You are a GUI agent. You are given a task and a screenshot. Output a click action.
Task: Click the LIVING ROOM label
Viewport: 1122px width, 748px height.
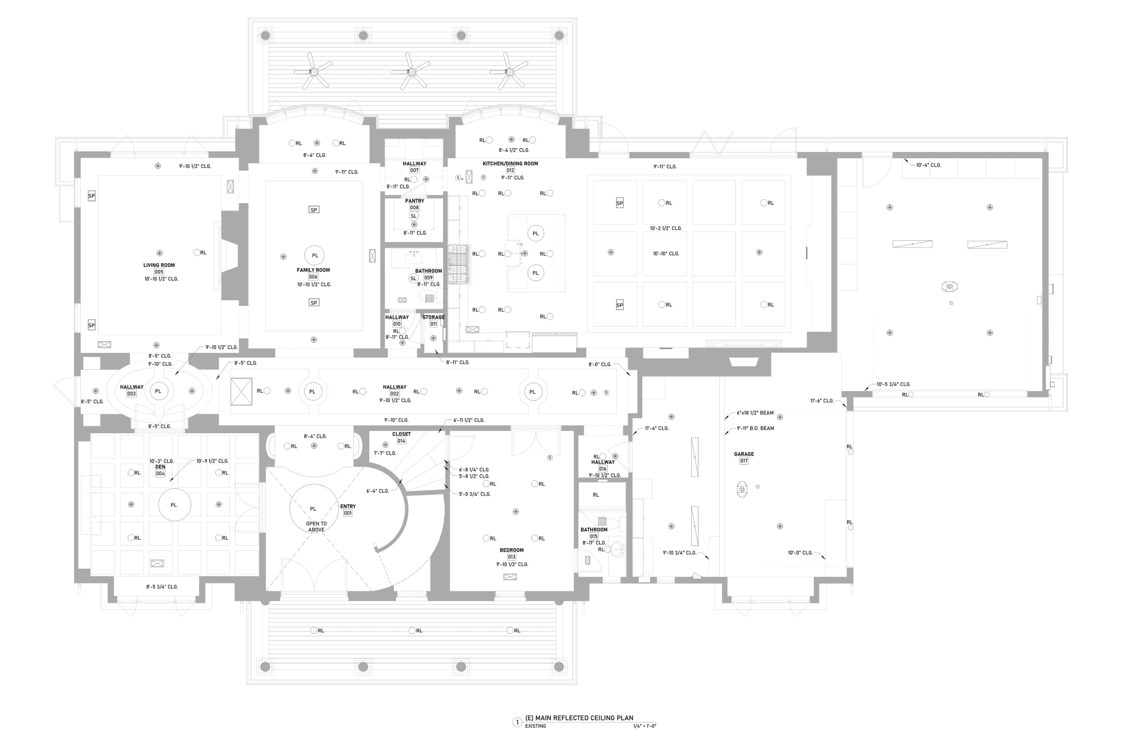click(x=159, y=265)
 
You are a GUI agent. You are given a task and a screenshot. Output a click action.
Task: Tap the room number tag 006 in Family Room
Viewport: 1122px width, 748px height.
click(x=313, y=277)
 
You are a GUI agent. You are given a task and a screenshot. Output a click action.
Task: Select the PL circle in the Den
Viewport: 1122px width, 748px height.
click(x=174, y=505)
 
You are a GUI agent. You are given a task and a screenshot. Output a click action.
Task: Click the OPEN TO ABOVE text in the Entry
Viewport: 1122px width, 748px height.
click(x=316, y=527)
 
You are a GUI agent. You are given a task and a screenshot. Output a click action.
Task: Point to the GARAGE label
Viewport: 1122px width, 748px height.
click(x=743, y=455)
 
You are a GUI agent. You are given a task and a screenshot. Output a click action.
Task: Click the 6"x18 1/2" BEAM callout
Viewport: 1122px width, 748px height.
click(x=755, y=413)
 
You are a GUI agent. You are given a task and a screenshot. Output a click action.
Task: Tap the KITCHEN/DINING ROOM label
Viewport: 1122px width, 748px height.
click(x=510, y=164)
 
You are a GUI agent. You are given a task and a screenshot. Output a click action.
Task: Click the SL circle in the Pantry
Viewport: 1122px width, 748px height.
click(x=414, y=216)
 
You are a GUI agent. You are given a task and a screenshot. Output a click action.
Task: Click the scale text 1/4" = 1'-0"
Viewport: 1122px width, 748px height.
click(x=644, y=726)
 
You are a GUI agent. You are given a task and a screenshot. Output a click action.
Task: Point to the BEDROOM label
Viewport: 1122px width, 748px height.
click(x=512, y=550)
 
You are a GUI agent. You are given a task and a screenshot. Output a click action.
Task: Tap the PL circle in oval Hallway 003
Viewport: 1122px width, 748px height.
click(x=158, y=391)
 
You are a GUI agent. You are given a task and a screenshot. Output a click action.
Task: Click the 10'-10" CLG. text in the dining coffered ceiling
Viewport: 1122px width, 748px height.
click(x=665, y=254)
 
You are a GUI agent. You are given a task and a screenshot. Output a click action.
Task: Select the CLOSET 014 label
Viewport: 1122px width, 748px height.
click(x=401, y=437)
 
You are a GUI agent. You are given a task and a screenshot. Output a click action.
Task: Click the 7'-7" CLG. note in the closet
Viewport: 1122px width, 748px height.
click(x=385, y=453)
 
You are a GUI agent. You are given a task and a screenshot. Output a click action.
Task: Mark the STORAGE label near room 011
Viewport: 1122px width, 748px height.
click(x=433, y=318)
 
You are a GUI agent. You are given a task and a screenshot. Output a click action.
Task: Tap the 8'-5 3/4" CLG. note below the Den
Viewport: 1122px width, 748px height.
click(x=162, y=587)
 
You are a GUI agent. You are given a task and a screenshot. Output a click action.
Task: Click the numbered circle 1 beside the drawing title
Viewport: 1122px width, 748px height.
click(x=517, y=722)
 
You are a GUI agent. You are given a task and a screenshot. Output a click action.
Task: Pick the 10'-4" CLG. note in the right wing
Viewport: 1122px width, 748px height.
click(x=928, y=166)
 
